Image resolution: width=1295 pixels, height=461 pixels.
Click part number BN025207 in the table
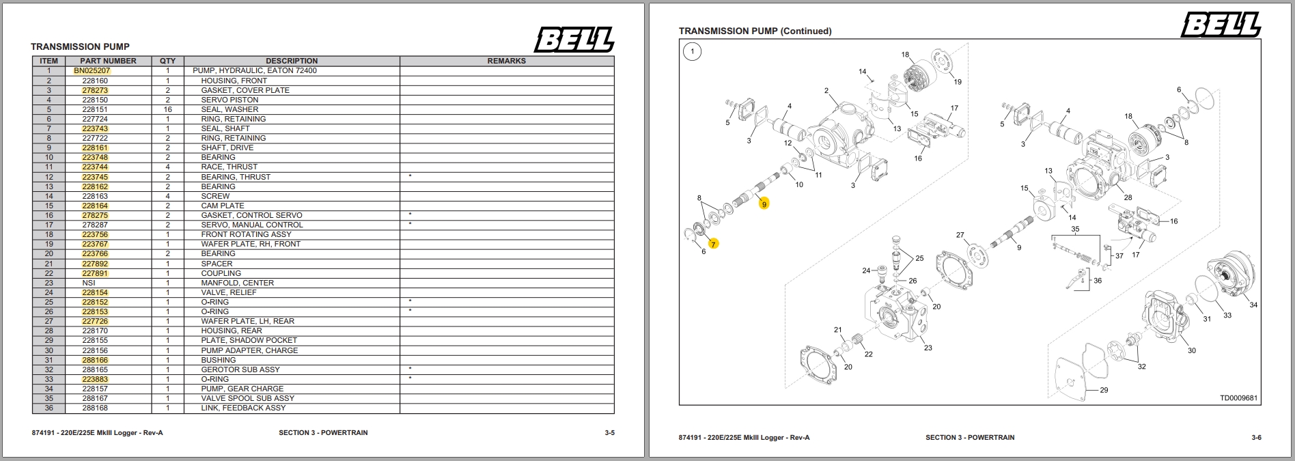(92, 70)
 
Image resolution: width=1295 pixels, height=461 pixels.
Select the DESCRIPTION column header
(292, 61)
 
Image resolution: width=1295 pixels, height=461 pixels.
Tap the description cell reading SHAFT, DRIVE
(227, 148)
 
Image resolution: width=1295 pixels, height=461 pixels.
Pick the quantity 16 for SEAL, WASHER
(167, 109)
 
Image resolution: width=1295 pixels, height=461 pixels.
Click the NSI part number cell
(89, 283)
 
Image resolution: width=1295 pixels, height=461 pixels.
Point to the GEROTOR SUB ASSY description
(240, 369)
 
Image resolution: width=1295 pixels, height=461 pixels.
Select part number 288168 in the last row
(95, 408)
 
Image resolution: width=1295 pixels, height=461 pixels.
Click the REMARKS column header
(506, 61)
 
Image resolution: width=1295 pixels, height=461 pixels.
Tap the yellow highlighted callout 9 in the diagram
(764, 204)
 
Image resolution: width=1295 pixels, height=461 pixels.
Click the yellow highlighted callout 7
(714, 244)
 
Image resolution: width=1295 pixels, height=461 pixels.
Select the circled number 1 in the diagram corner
(693, 51)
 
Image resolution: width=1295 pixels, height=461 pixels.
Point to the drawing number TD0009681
(1238, 398)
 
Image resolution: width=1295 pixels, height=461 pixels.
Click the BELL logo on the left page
(574, 40)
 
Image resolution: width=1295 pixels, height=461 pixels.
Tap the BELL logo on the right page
(1221, 25)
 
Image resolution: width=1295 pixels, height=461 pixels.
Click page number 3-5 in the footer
(609, 432)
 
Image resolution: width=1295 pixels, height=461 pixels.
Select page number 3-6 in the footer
(1256, 437)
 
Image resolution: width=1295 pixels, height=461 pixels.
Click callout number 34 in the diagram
(1253, 305)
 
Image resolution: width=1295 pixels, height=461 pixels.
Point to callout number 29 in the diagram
(1104, 390)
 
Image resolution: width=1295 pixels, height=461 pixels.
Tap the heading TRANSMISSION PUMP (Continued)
(755, 31)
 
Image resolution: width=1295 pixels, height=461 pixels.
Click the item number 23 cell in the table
(48, 283)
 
